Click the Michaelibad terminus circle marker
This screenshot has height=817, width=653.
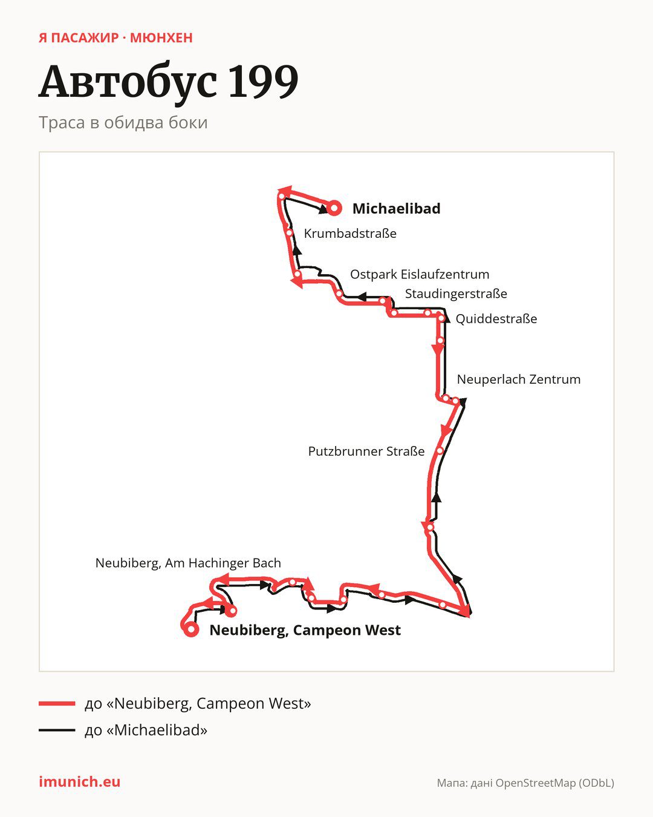pos(334,208)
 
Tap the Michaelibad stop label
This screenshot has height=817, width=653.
pos(396,208)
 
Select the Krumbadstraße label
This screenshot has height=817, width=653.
pos(350,233)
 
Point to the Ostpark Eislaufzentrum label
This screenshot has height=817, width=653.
pos(419,274)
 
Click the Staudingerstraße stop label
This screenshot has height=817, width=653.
pos(456,294)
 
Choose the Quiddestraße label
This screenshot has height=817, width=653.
pos(496,318)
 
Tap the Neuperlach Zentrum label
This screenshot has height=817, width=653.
pos(518,379)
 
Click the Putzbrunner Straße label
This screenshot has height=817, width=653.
pos(366,451)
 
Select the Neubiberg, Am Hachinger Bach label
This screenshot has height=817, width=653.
pos(188,563)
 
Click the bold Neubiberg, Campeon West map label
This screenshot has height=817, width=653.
pos(305,630)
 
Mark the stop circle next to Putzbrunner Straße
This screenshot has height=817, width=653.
pos(440,451)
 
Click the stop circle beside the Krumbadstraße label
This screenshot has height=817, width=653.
pos(289,232)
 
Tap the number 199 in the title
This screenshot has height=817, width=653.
pos(264,81)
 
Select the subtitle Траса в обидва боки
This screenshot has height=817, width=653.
pos(123,122)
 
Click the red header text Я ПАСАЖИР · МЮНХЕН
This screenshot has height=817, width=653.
pos(115,38)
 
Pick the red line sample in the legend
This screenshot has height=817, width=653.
pos(57,703)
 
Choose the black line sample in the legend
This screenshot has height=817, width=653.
pos(57,730)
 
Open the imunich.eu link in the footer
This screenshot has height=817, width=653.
pos(79,781)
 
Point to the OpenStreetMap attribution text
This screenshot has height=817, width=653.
pos(525,783)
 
